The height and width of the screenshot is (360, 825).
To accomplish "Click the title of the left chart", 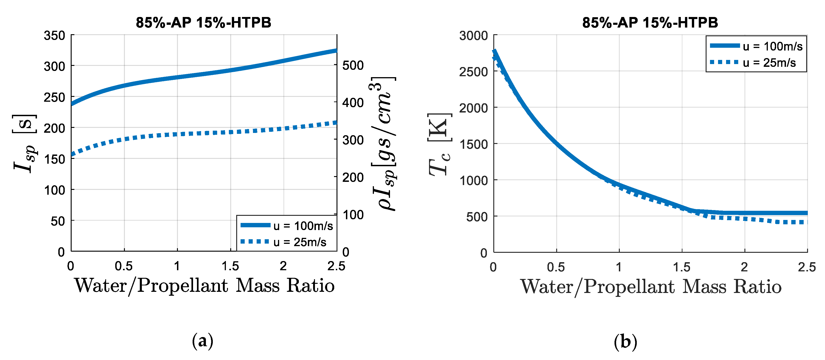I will pos(203,22).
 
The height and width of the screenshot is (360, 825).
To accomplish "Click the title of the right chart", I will pos(650,22).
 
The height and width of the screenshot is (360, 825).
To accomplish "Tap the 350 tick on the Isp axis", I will pos(54,36).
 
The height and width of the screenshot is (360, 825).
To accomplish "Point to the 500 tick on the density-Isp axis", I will pos(353,65).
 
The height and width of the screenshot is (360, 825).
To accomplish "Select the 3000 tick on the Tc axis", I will pos(473,36).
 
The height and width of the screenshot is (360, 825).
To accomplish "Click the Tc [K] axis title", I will pos(439,144).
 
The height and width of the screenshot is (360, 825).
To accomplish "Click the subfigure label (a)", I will pos(202,341).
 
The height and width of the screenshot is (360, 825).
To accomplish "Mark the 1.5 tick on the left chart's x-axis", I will pos(230,266).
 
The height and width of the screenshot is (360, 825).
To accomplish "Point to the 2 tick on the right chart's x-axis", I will pos(744,267).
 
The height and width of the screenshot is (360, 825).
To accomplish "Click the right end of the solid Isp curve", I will pos(336,51).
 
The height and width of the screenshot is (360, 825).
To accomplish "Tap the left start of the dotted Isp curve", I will pos(72,155).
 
